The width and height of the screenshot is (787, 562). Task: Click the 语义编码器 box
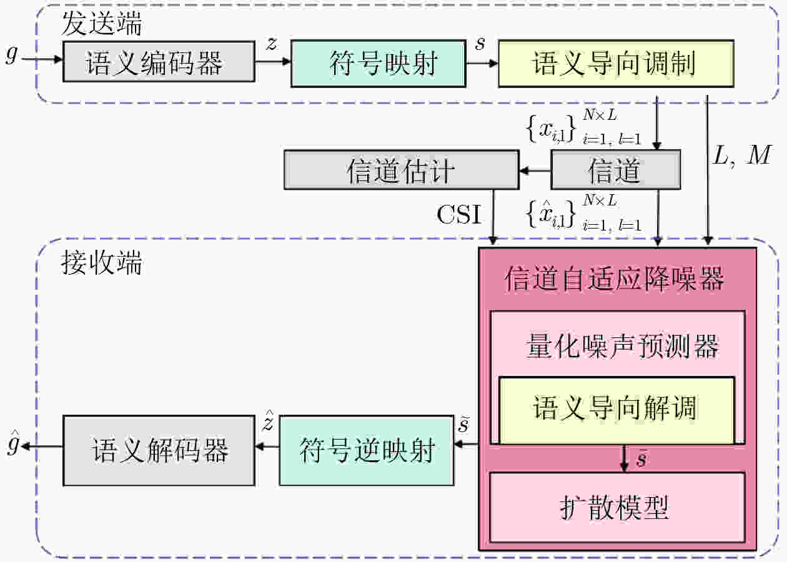[x=159, y=61]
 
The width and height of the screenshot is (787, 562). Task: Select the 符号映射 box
[x=379, y=63]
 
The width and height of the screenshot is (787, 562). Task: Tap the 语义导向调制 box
[x=616, y=63]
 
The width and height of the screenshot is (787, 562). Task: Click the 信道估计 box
[x=402, y=170]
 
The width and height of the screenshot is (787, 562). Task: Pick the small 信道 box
[x=616, y=170]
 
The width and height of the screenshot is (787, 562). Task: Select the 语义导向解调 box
[x=616, y=410]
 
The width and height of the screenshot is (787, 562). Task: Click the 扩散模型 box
[x=617, y=508]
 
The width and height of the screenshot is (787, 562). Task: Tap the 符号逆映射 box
[x=367, y=451]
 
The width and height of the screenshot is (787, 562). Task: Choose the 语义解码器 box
[x=159, y=451]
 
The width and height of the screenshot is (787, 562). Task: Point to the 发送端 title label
[x=102, y=23]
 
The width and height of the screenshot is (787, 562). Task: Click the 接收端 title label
[x=101, y=262]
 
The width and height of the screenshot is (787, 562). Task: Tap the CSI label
[x=459, y=214]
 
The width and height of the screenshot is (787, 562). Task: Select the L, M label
[x=742, y=155]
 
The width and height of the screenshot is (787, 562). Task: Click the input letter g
[x=12, y=54]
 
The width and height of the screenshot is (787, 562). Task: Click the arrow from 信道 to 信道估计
[x=535, y=171]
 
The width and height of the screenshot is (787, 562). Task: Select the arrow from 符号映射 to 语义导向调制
[x=482, y=64]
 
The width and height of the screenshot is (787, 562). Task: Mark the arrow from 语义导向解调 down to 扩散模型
[x=624, y=458]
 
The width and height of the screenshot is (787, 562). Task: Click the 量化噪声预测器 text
[x=622, y=347]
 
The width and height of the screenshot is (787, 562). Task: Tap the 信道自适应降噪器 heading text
[x=614, y=279]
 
